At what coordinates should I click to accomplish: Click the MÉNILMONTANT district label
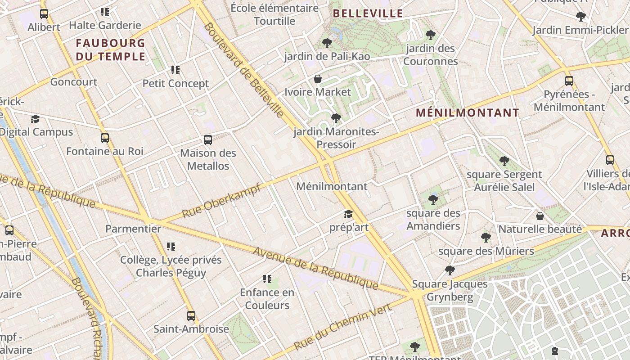[x=468, y=113]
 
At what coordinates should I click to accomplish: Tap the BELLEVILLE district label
[x=368, y=13]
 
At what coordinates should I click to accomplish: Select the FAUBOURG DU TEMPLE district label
[x=111, y=50]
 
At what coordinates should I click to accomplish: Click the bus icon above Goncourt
[x=44, y=14]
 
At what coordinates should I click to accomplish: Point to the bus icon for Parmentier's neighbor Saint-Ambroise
[x=191, y=316]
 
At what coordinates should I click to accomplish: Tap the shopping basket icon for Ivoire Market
[x=318, y=79]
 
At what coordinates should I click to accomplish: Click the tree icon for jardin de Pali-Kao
[x=327, y=43]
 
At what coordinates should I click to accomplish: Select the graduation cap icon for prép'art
[x=349, y=214]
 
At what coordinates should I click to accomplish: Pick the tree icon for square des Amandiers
[x=433, y=199]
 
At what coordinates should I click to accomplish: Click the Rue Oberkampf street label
[x=221, y=201]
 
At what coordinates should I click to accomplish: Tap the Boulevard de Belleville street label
[x=243, y=70]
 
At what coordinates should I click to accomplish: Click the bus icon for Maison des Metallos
[x=208, y=140]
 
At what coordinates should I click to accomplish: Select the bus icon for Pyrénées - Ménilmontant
[x=569, y=81]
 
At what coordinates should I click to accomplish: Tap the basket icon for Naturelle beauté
[x=540, y=216]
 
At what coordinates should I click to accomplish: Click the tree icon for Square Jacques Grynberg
[x=450, y=270]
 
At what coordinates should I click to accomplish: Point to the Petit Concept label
[x=175, y=84]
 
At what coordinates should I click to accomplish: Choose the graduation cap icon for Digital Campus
[x=35, y=119]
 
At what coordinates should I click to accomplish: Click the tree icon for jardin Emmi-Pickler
[x=581, y=17]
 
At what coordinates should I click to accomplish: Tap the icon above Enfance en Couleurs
[x=267, y=279]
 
